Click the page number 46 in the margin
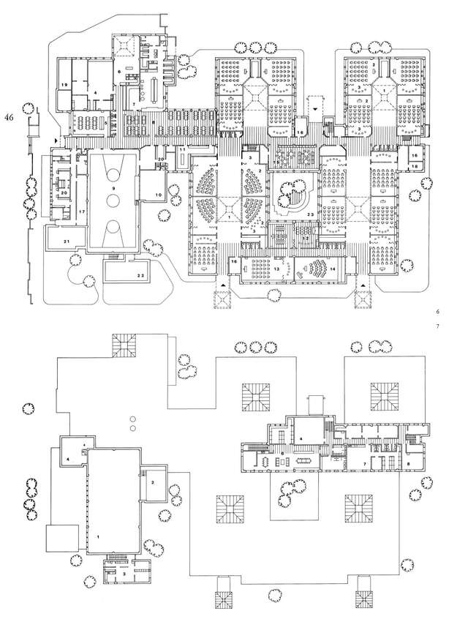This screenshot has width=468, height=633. [x=11, y=117]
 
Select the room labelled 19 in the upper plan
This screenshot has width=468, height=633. [x=64, y=86]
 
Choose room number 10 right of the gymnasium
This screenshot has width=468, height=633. [x=159, y=195]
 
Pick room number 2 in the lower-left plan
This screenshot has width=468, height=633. [x=153, y=482]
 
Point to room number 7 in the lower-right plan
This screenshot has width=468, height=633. [x=364, y=464]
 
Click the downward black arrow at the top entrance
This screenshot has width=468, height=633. [x=315, y=108]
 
